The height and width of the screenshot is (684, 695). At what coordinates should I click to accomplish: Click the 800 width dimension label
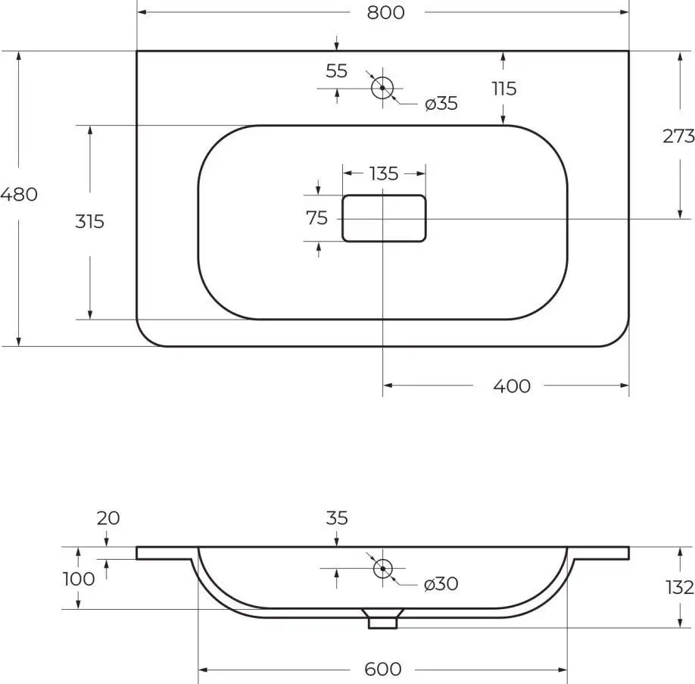click(x=385, y=12)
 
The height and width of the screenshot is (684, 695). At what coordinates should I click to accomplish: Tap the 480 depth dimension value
click(x=19, y=194)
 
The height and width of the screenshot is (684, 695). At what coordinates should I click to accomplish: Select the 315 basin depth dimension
click(x=89, y=221)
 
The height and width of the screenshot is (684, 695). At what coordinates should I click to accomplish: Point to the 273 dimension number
click(x=678, y=136)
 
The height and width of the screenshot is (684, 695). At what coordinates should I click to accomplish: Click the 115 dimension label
click(x=504, y=89)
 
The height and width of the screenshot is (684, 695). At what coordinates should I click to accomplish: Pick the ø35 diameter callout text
click(x=441, y=104)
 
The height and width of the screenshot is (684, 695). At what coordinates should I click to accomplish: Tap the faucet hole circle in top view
click(x=382, y=88)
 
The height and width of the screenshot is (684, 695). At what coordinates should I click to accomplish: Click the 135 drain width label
click(x=384, y=173)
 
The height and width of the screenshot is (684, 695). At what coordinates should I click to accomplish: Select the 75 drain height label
click(x=316, y=218)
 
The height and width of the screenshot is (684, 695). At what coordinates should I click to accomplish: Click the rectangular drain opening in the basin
click(x=384, y=218)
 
